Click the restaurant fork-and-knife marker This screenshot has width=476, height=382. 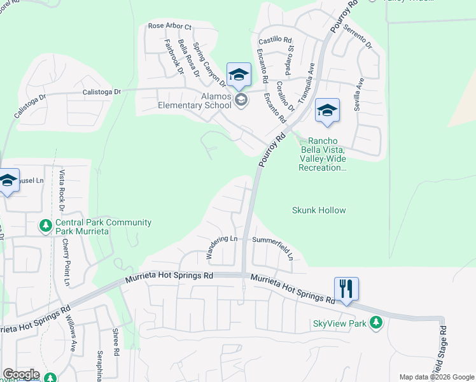click(x=346, y=288)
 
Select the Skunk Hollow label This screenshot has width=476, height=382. click(x=319, y=210)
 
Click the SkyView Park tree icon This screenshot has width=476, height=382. click(x=376, y=323)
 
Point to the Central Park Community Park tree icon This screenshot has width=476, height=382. click(x=45, y=226)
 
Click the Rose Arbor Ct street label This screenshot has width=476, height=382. click(x=169, y=26)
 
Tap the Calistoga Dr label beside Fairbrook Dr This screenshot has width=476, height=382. click(x=102, y=92)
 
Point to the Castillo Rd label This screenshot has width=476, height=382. click(x=274, y=39)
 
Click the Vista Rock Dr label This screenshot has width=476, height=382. click(x=62, y=190)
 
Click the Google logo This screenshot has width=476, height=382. click(x=20, y=374)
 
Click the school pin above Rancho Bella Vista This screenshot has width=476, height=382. click(x=326, y=111)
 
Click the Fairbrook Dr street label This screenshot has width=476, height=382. click(x=174, y=58)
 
